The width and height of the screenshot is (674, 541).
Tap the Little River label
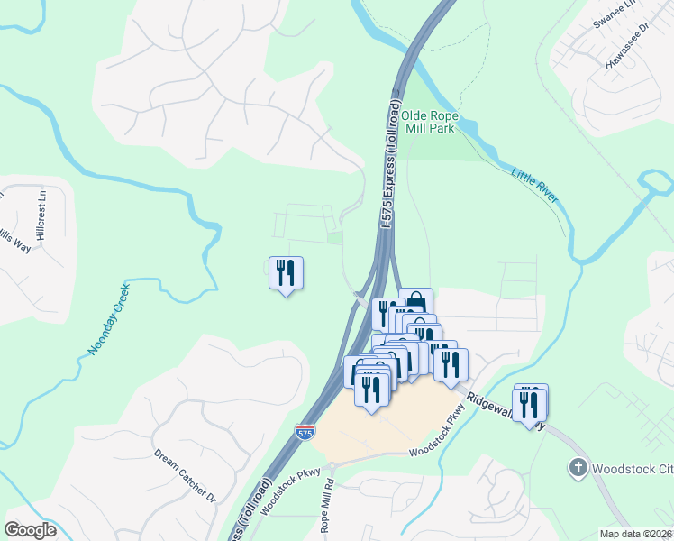click(x=534, y=183)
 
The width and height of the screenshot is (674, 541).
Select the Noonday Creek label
click(x=110, y=318)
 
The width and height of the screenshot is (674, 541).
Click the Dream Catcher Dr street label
click(x=185, y=475)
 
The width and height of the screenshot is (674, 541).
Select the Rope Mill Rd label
click(x=329, y=510)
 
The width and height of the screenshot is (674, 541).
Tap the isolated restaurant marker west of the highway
click(x=286, y=271)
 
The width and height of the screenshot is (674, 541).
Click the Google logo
click(x=30, y=530)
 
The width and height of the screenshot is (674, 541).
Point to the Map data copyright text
click(x=635, y=534)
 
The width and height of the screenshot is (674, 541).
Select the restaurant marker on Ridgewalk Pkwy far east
click(x=530, y=402)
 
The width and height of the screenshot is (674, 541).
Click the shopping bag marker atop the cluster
click(x=415, y=301)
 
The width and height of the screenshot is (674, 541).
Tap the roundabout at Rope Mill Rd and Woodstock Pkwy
click(x=332, y=466)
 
